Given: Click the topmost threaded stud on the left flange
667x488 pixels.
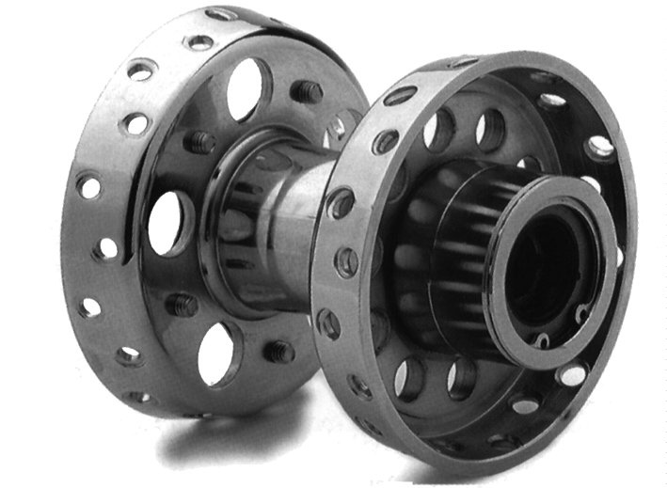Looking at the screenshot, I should click(x=306, y=91).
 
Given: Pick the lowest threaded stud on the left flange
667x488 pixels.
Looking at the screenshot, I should click(x=278, y=352).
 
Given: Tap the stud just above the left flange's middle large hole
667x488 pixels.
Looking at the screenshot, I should click(x=201, y=142).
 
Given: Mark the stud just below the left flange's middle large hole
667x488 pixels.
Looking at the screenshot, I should click(x=182, y=305).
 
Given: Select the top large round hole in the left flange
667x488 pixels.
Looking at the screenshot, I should click(x=246, y=89).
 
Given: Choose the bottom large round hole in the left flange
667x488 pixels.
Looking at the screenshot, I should click(x=217, y=353).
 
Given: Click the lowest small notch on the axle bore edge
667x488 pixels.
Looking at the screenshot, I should click(x=544, y=339).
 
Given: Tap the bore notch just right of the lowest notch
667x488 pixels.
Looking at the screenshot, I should click(x=582, y=314).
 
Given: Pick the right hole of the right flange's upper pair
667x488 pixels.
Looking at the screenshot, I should click(x=490, y=130).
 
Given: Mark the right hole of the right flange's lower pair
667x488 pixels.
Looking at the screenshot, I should click(x=462, y=377).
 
